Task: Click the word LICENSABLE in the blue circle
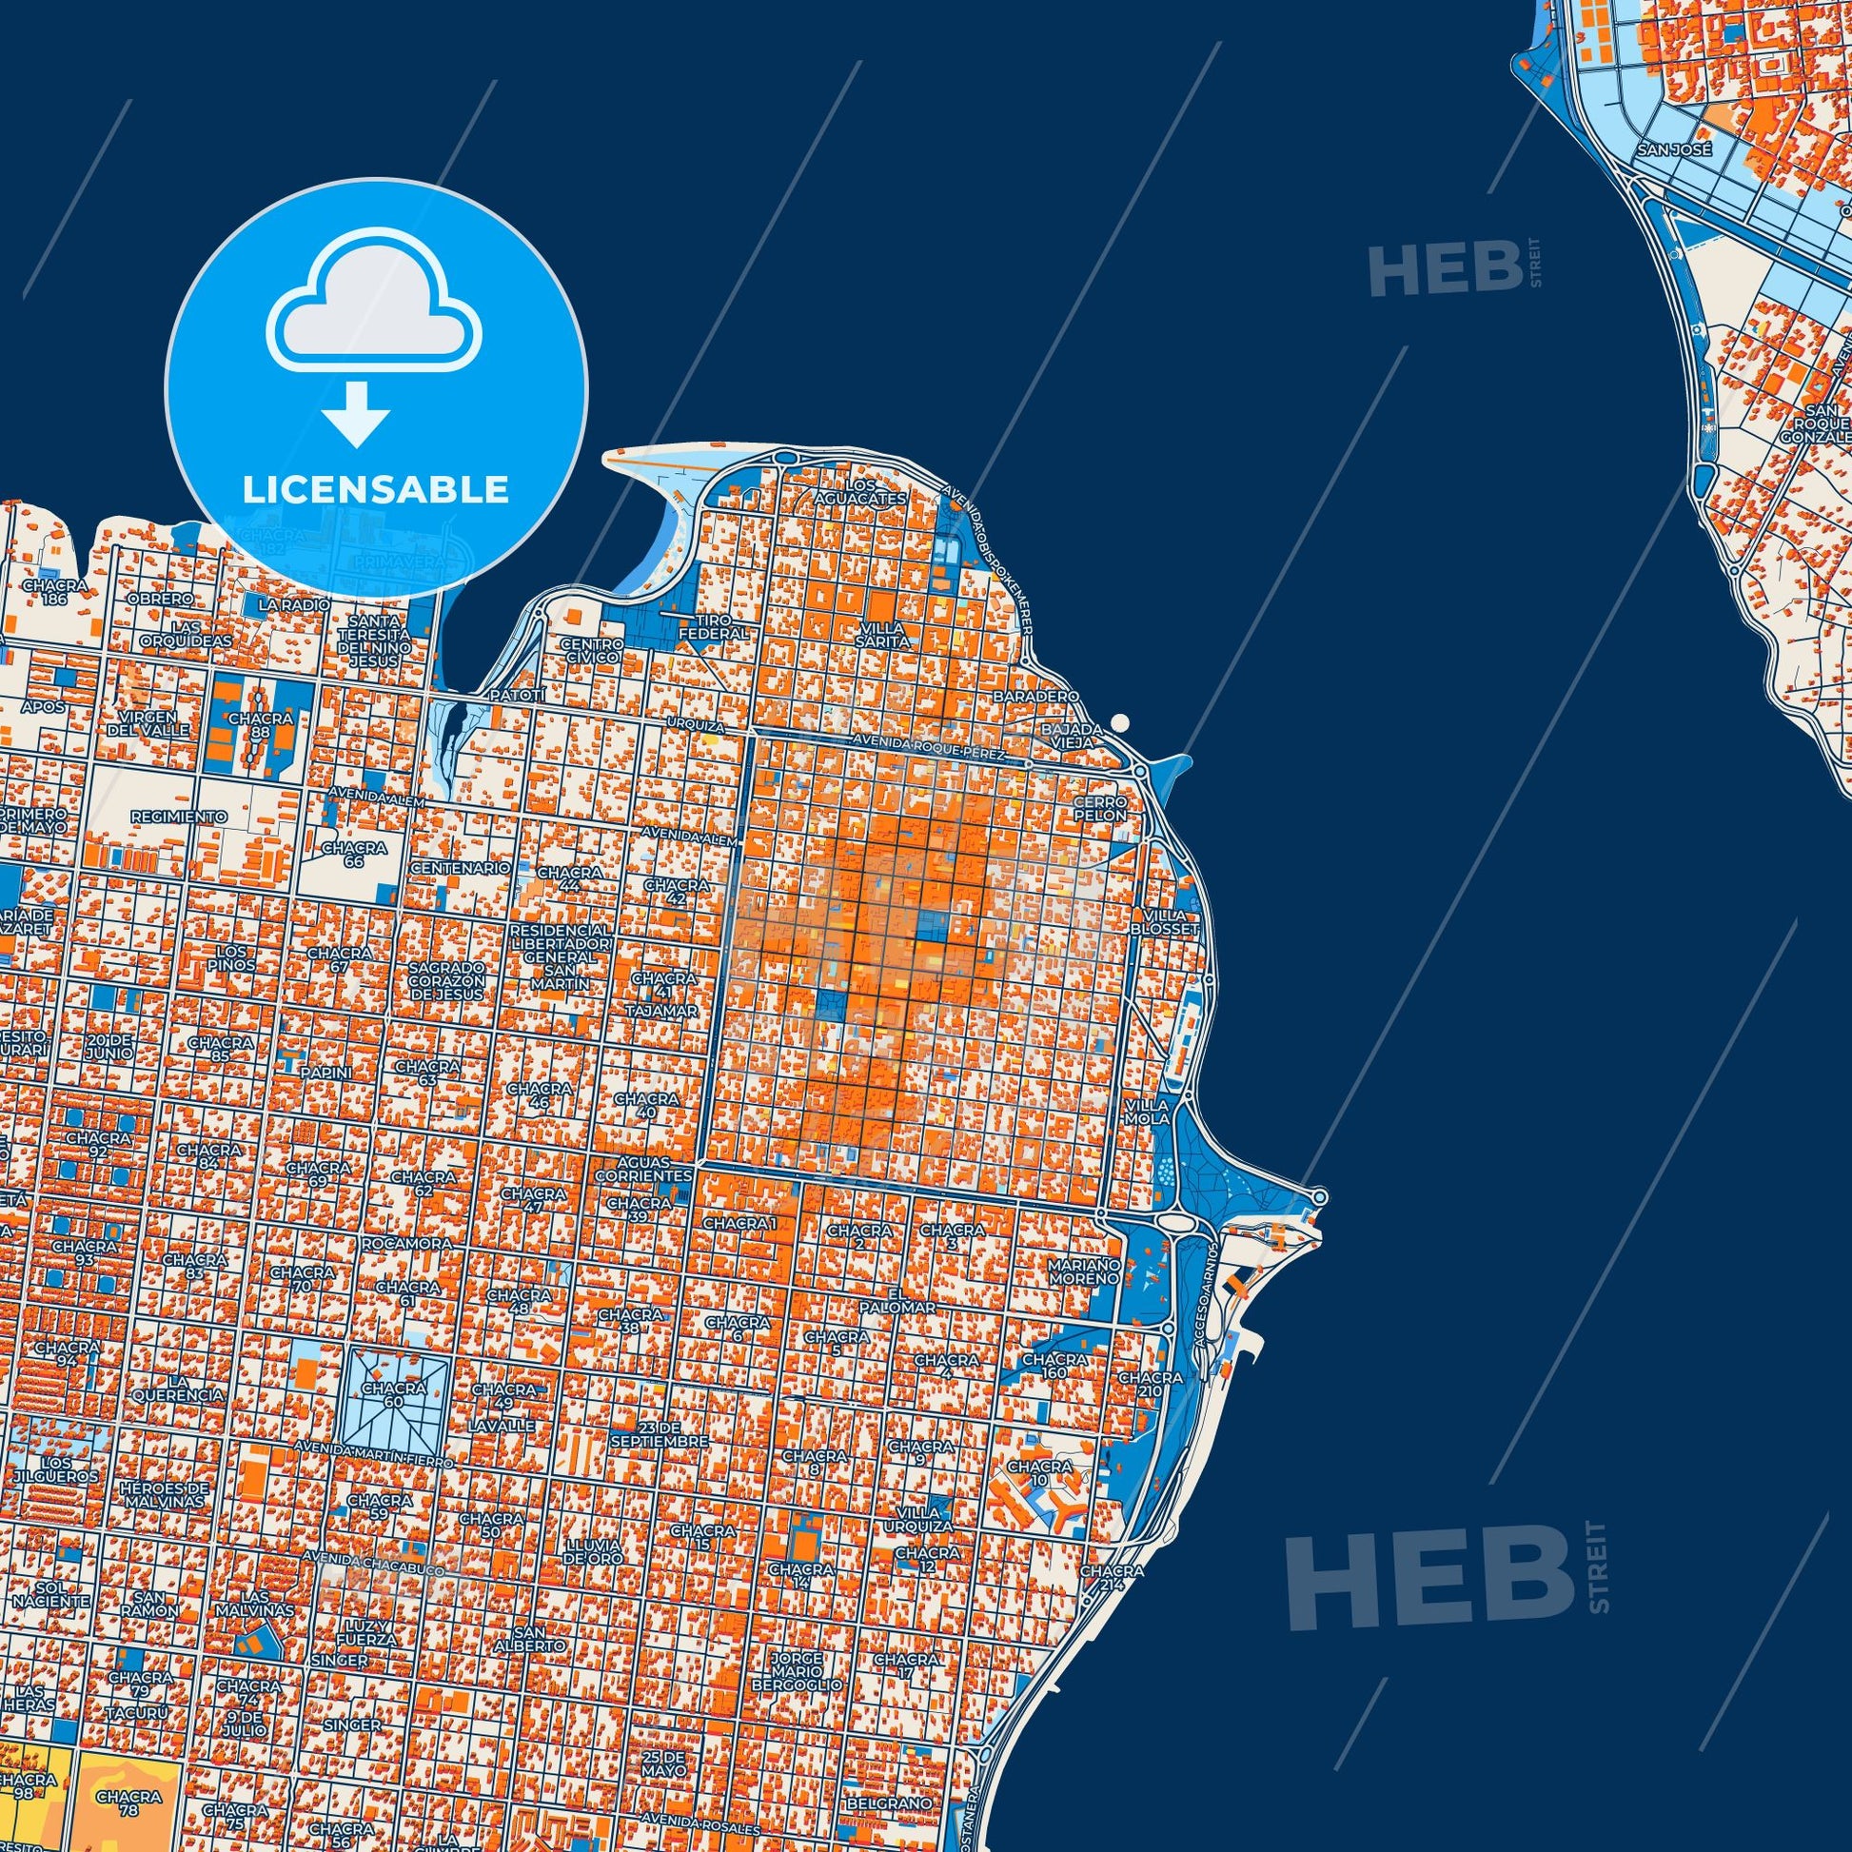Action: (375, 490)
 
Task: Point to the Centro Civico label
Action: (592, 651)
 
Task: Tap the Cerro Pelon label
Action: (1099, 807)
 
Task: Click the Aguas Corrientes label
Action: (643, 1169)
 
